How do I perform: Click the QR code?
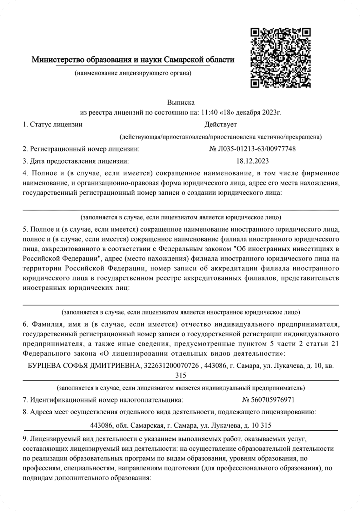coord(280,58)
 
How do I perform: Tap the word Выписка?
coord(181,102)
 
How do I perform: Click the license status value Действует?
coord(220,124)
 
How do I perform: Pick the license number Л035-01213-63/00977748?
coord(256,149)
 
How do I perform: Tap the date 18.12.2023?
coord(252,161)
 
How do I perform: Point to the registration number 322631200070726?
coord(167,366)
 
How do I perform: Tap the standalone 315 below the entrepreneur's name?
coord(181,375)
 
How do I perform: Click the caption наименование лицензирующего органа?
coord(133,74)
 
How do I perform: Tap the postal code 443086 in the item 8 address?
coord(101,425)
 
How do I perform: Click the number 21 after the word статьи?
coord(335,344)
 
